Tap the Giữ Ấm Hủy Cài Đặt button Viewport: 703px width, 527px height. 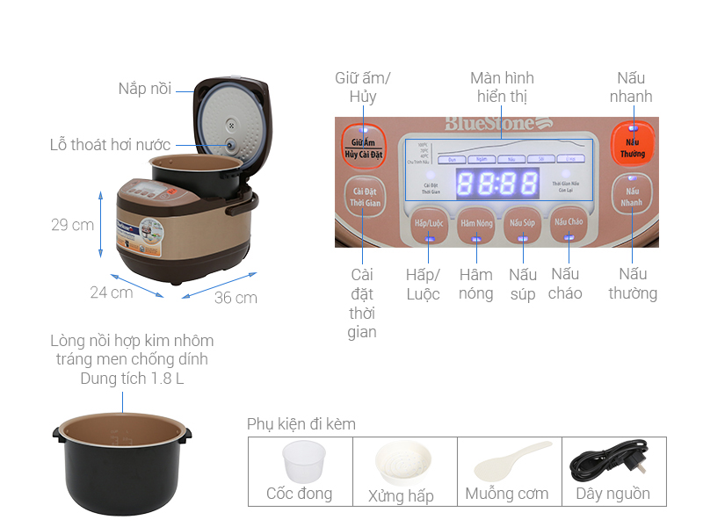[x=364, y=147]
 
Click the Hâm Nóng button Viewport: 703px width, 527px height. [x=476, y=223]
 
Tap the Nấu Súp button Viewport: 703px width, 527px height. [x=522, y=223]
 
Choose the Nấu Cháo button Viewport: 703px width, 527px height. [x=569, y=223]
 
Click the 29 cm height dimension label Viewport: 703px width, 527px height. [x=72, y=225]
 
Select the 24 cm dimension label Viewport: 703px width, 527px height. [x=112, y=292]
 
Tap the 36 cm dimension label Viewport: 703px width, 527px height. [x=236, y=298]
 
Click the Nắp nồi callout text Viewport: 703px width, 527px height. [x=145, y=89]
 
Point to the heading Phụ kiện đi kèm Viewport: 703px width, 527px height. [x=301, y=424]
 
